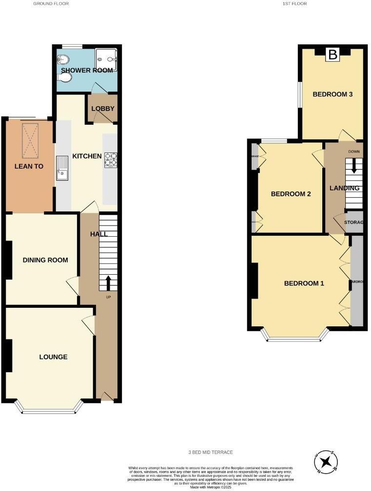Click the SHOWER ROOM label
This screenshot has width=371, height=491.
tap(87, 70)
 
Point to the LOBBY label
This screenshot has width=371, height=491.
tap(103, 108)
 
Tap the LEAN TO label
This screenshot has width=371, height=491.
tap(28, 166)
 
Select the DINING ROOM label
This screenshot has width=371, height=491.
tap(45, 260)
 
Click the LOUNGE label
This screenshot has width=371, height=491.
tap(53, 357)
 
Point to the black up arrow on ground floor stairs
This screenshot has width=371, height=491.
tap(108, 283)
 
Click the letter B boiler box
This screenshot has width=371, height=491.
tap(332, 55)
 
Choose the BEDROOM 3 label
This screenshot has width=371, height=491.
tap(332, 94)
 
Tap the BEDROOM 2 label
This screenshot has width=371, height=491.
tap(291, 194)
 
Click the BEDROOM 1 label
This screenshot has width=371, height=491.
tap(304, 283)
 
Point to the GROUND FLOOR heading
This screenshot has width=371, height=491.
tap(51, 3)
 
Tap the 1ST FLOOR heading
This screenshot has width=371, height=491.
tap(295, 3)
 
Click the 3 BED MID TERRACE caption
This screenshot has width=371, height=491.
tap(211, 453)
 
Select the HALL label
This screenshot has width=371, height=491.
tap(99, 234)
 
